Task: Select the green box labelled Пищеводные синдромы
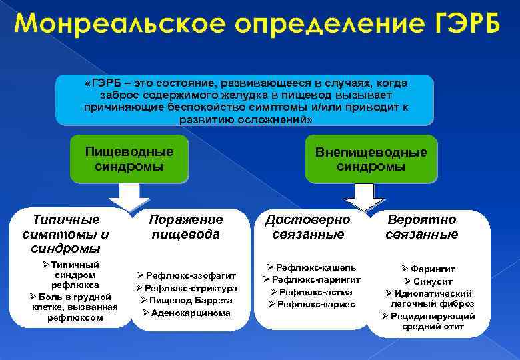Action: (x=129, y=159)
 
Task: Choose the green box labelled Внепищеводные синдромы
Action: (x=371, y=159)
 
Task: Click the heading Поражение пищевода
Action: (x=185, y=227)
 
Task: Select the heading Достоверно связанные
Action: (x=308, y=227)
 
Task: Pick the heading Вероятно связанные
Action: (x=422, y=227)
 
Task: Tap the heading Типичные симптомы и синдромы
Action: (x=65, y=233)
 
